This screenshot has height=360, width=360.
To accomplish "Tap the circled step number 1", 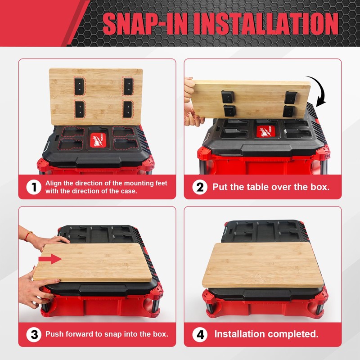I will (34, 187).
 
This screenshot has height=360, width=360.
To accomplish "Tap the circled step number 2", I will (200, 187).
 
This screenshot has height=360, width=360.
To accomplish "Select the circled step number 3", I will (34, 334).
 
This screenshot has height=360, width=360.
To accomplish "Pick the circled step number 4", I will (200, 334).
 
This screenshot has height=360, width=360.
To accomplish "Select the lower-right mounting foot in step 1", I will (128, 108).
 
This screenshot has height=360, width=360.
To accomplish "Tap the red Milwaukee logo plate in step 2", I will (266, 132).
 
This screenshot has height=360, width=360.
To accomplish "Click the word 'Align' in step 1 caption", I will (54, 184).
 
